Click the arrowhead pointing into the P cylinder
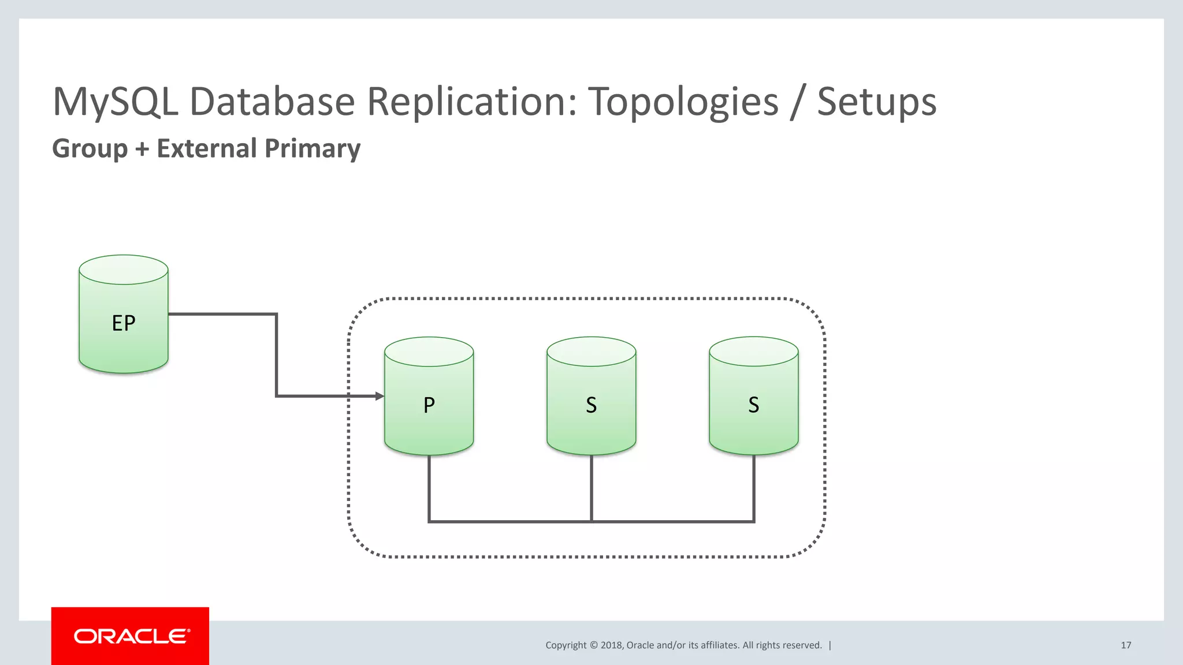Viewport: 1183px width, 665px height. [380, 396]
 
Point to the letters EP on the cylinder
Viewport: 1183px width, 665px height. [123, 323]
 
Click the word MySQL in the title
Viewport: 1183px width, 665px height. [115, 102]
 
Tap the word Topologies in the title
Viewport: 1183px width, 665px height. [683, 102]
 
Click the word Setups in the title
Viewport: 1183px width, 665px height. [876, 102]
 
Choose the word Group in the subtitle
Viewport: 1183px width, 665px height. [90, 149]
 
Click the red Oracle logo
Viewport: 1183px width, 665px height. [130, 636]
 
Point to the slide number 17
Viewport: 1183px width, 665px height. [1126, 645]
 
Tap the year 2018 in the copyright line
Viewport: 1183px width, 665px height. [611, 645]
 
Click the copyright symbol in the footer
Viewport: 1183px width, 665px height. [593, 645]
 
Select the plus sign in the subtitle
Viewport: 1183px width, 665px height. [142, 150]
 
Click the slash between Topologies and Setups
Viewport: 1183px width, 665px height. [798, 102]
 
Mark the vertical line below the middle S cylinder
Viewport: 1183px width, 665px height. [591, 488]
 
